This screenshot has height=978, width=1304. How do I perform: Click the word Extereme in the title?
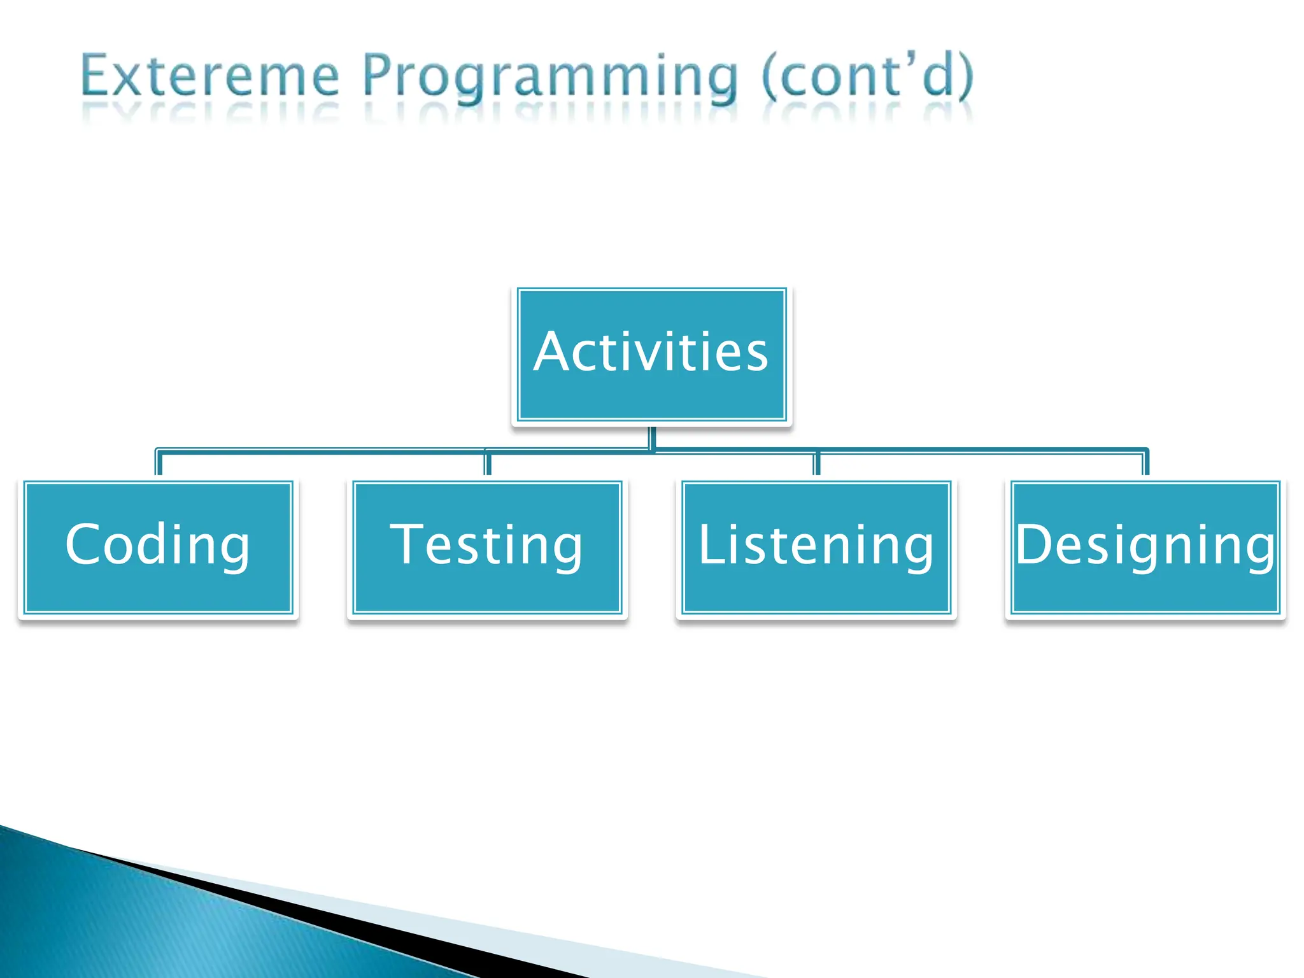pos(210,76)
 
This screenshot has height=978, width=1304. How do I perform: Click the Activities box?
pos(651,355)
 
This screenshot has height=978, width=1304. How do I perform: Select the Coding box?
pos(158,548)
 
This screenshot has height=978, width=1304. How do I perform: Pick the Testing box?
pos(487,548)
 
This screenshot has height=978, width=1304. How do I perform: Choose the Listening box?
pos(816,548)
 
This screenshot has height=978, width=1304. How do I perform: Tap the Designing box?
pos(1145,548)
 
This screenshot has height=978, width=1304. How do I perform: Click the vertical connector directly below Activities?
pos(652,437)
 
